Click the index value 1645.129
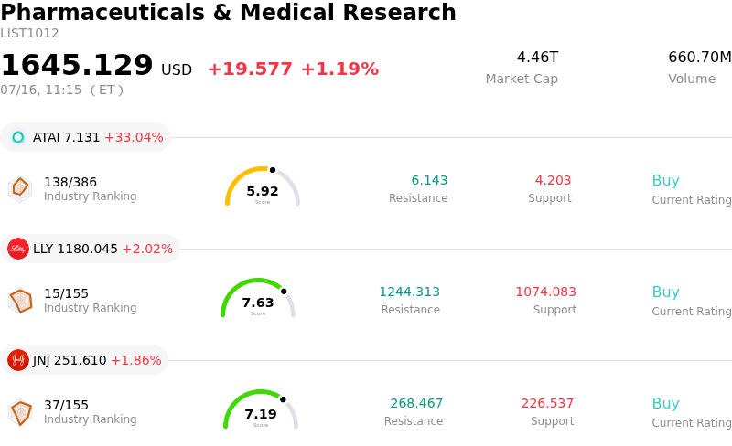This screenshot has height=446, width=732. (x=77, y=64)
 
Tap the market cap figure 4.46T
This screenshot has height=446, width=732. (x=537, y=57)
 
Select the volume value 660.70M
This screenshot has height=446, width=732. (x=700, y=57)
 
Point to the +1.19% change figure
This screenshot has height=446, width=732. (x=339, y=69)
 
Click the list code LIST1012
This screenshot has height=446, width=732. (x=29, y=34)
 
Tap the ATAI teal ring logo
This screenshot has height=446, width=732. (x=18, y=137)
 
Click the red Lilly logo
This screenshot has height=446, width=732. (x=18, y=249)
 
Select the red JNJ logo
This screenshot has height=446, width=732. (x=18, y=360)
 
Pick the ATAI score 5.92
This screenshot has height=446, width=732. (x=263, y=191)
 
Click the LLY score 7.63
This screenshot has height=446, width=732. (x=258, y=303)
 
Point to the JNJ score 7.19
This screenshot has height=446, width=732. (x=261, y=414)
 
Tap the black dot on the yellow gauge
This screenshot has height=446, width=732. (x=273, y=170)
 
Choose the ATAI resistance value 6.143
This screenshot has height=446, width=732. (x=429, y=180)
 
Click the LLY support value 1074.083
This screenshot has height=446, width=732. (x=545, y=292)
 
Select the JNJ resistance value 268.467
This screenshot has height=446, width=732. (x=416, y=403)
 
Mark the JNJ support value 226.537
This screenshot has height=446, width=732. (x=547, y=403)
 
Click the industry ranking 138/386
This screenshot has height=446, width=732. (x=70, y=182)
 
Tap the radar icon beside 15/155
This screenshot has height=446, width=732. (x=20, y=301)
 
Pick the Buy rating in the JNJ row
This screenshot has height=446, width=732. (x=666, y=404)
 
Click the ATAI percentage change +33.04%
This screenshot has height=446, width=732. (x=134, y=138)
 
